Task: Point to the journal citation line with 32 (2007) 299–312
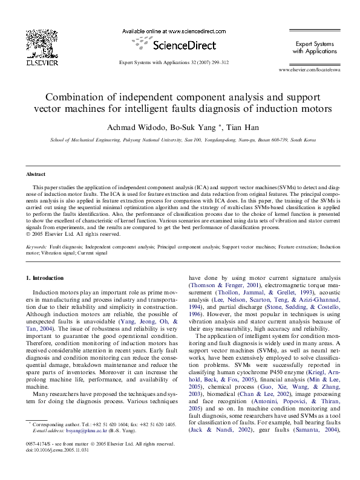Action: [x=174, y=63]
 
